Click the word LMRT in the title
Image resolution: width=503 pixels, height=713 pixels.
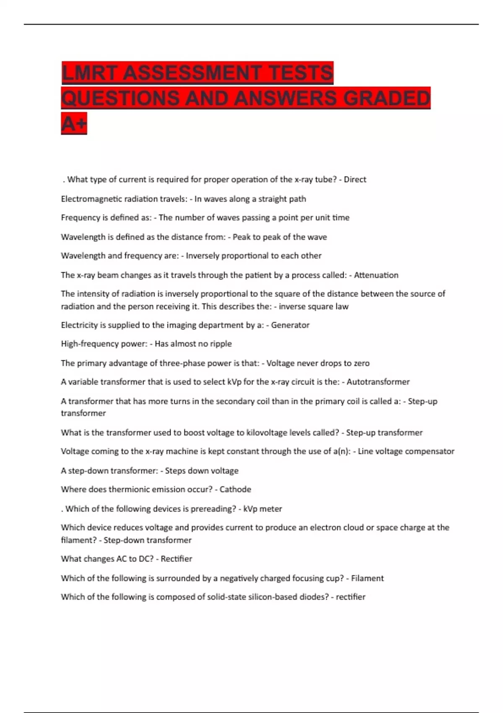(x=89, y=73)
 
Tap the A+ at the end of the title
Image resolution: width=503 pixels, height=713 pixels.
(x=74, y=124)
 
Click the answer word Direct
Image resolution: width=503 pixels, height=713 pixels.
(x=355, y=180)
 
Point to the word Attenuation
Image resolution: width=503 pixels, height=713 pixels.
(x=376, y=275)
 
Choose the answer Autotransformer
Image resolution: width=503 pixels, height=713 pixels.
(x=378, y=382)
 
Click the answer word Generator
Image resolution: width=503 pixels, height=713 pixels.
(x=290, y=325)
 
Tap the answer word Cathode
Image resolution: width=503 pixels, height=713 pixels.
(x=235, y=489)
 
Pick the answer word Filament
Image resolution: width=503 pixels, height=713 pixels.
(x=367, y=578)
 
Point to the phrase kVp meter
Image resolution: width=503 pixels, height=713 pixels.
(x=262, y=509)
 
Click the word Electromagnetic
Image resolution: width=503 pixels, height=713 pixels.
(x=93, y=199)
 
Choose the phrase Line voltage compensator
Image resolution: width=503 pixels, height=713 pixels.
(x=406, y=451)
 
